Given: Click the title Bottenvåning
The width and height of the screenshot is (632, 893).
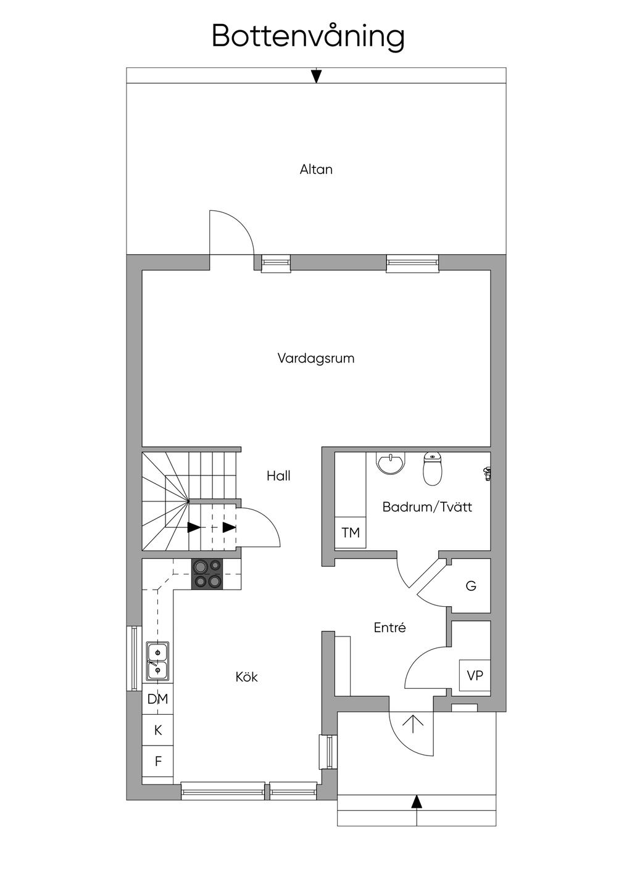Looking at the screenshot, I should pyautogui.click(x=308, y=36).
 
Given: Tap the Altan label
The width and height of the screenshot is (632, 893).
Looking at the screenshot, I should pyautogui.click(x=316, y=169).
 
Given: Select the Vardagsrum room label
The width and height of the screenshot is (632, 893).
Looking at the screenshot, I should pyautogui.click(x=316, y=358).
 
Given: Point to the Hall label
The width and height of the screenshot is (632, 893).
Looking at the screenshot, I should pyautogui.click(x=278, y=475).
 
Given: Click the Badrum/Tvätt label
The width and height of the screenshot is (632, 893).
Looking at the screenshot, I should pyautogui.click(x=427, y=507).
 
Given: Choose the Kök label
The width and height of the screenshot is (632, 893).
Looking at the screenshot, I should pyautogui.click(x=246, y=677).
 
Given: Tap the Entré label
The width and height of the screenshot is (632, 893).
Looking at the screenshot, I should pyautogui.click(x=390, y=628).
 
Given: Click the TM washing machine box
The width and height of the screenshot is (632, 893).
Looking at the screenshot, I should pyautogui.click(x=351, y=532).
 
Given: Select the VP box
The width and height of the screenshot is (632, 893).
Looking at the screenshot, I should pyautogui.click(x=475, y=675).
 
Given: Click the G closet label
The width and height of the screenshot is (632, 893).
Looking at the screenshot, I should pyautogui.click(x=471, y=586).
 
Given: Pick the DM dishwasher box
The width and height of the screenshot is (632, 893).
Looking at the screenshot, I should pyautogui.click(x=158, y=699).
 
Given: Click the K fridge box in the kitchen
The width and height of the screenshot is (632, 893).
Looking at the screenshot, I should pyautogui.click(x=158, y=730).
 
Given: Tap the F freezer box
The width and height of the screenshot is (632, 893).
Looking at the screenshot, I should pyautogui.click(x=158, y=762).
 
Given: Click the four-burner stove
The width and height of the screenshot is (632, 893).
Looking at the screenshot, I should pyautogui.click(x=207, y=574).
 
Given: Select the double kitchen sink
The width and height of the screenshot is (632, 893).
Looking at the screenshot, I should pyautogui.click(x=157, y=661).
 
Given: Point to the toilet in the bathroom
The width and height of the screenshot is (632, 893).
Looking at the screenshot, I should pyautogui.click(x=433, y=469).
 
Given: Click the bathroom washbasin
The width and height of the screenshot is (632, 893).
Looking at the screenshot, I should pyautogui.click(x=391, y=463).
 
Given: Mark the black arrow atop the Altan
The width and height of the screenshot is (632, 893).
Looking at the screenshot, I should pyautogui.click(x=316, y=76).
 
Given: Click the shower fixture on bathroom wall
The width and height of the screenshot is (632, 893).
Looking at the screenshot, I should pyautogui.click(x=487, y=474).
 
